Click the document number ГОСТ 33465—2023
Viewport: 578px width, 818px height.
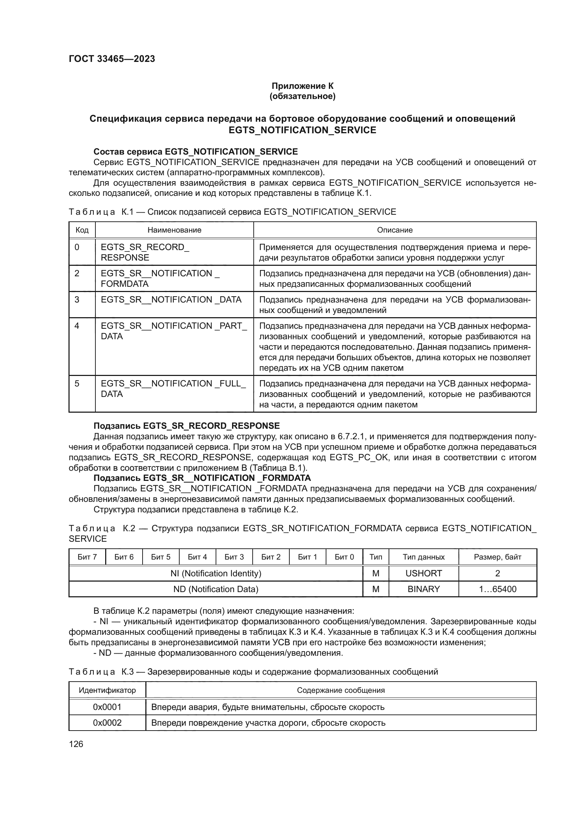click(x=112, y=59)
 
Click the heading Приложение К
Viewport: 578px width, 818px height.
click(x=303, y=86)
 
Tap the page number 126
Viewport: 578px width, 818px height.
click(x=76, y=744)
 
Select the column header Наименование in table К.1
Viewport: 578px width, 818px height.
click(x=174, y=230)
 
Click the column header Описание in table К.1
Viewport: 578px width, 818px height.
click(x=395, y=230)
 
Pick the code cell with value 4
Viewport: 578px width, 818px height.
click(x=77, y=326)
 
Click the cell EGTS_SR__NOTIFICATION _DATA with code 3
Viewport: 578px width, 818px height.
click(x=171, y=300)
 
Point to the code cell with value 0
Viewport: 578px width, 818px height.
click(x=77, y=247)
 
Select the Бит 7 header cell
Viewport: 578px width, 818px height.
click(x=87, y=557)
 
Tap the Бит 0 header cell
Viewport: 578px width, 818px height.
click(x=344, y=557)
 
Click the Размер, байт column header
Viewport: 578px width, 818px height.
click(x=497, y=557)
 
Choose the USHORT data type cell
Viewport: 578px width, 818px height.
click(x=424, y=573)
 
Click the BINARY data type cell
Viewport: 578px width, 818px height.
click(x=424, y=589)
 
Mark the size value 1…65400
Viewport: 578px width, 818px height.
click(x=497, y=589)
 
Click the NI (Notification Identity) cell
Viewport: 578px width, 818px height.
click(x=216, y=573)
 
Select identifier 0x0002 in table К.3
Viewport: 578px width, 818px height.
click(x=107, y=723)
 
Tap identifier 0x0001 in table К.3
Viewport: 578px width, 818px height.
click(x=107, y=707)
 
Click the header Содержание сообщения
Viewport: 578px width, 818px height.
click(x=341, y=690)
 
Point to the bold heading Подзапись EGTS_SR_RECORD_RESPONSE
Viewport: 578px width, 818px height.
click(x=187, y=426)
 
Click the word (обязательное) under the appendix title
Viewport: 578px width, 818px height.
click(x=303, y=96)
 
